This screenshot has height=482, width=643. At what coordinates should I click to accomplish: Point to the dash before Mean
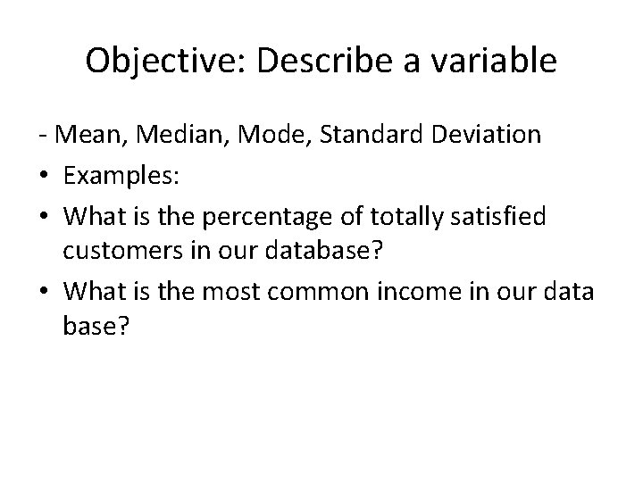click(54, 136)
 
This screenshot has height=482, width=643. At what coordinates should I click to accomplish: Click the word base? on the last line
click(97, 328)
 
